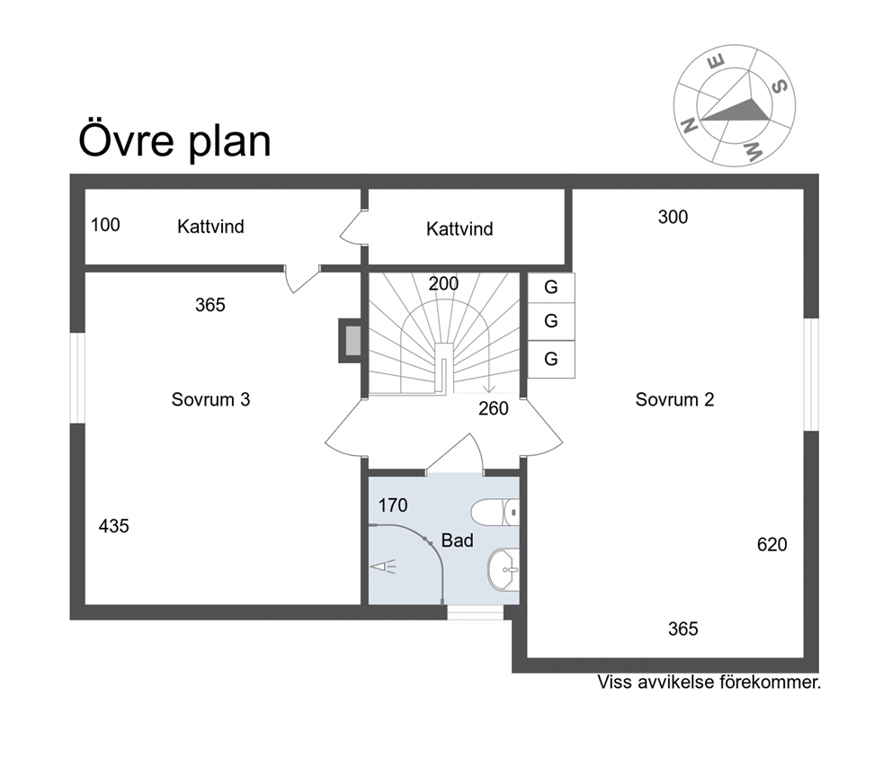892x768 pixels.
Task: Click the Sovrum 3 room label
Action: [210, 399]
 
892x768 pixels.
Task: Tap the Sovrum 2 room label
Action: [674, 399]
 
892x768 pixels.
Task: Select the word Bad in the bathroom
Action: [458, 540]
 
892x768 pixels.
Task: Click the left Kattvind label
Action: [210, 227]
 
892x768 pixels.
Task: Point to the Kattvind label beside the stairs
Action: [459, 228]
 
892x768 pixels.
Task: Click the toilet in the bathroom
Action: [495, 512]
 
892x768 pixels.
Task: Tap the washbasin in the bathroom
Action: [504, 569]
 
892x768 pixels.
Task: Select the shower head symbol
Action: [383, 567]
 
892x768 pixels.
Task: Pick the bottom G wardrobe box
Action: [550, 360]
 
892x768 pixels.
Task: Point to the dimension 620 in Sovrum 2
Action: [772, 544]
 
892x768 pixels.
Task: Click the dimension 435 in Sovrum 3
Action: [114, 526]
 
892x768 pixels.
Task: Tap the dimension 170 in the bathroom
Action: [393, 505]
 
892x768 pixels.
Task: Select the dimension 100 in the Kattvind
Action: [105, 225]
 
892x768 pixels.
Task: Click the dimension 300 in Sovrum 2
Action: [673, 217]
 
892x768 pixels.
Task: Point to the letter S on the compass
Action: [780, 86]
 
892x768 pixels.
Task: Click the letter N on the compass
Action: [690, 125]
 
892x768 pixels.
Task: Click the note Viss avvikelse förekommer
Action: [709, 682]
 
